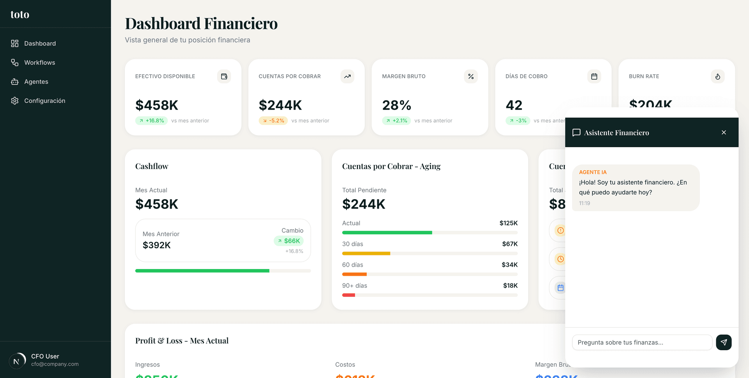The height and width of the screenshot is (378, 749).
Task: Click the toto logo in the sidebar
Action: [x=20, y=14]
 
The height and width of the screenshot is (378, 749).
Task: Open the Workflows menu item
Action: [x=39, y=62]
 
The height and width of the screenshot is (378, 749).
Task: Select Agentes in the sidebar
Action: [x=36, y=82]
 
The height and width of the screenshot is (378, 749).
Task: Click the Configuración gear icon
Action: [x=15, y=101]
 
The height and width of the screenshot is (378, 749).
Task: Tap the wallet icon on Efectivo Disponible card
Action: [x=224, y=77]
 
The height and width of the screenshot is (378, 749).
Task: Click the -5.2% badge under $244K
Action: [x=273, y=121]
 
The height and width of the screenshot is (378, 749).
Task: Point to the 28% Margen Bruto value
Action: [x=396, y=105]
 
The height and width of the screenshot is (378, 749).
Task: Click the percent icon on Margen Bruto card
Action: [x=471, y=77]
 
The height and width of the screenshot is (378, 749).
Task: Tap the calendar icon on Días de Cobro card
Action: [x=594, y=77]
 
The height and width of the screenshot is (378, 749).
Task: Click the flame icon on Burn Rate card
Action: [x=717, y=77]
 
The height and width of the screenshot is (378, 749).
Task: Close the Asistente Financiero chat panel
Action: [x=724, y=132]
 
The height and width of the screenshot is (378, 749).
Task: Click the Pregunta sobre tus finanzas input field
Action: [x=642, y=342]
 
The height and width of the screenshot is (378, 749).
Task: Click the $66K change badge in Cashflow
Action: [x=289, y=241]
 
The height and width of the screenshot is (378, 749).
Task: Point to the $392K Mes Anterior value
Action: [x=157, y=245]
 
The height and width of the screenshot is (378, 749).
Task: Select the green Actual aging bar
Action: [x=387, y=233]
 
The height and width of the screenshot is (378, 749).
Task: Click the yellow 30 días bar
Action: [x=366, y=253]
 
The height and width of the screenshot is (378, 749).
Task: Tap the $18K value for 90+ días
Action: [x=510, y=285]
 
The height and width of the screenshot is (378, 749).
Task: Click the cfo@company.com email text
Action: [x=55, y=364]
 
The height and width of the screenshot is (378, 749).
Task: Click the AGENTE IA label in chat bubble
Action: [x=593, y=172]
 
